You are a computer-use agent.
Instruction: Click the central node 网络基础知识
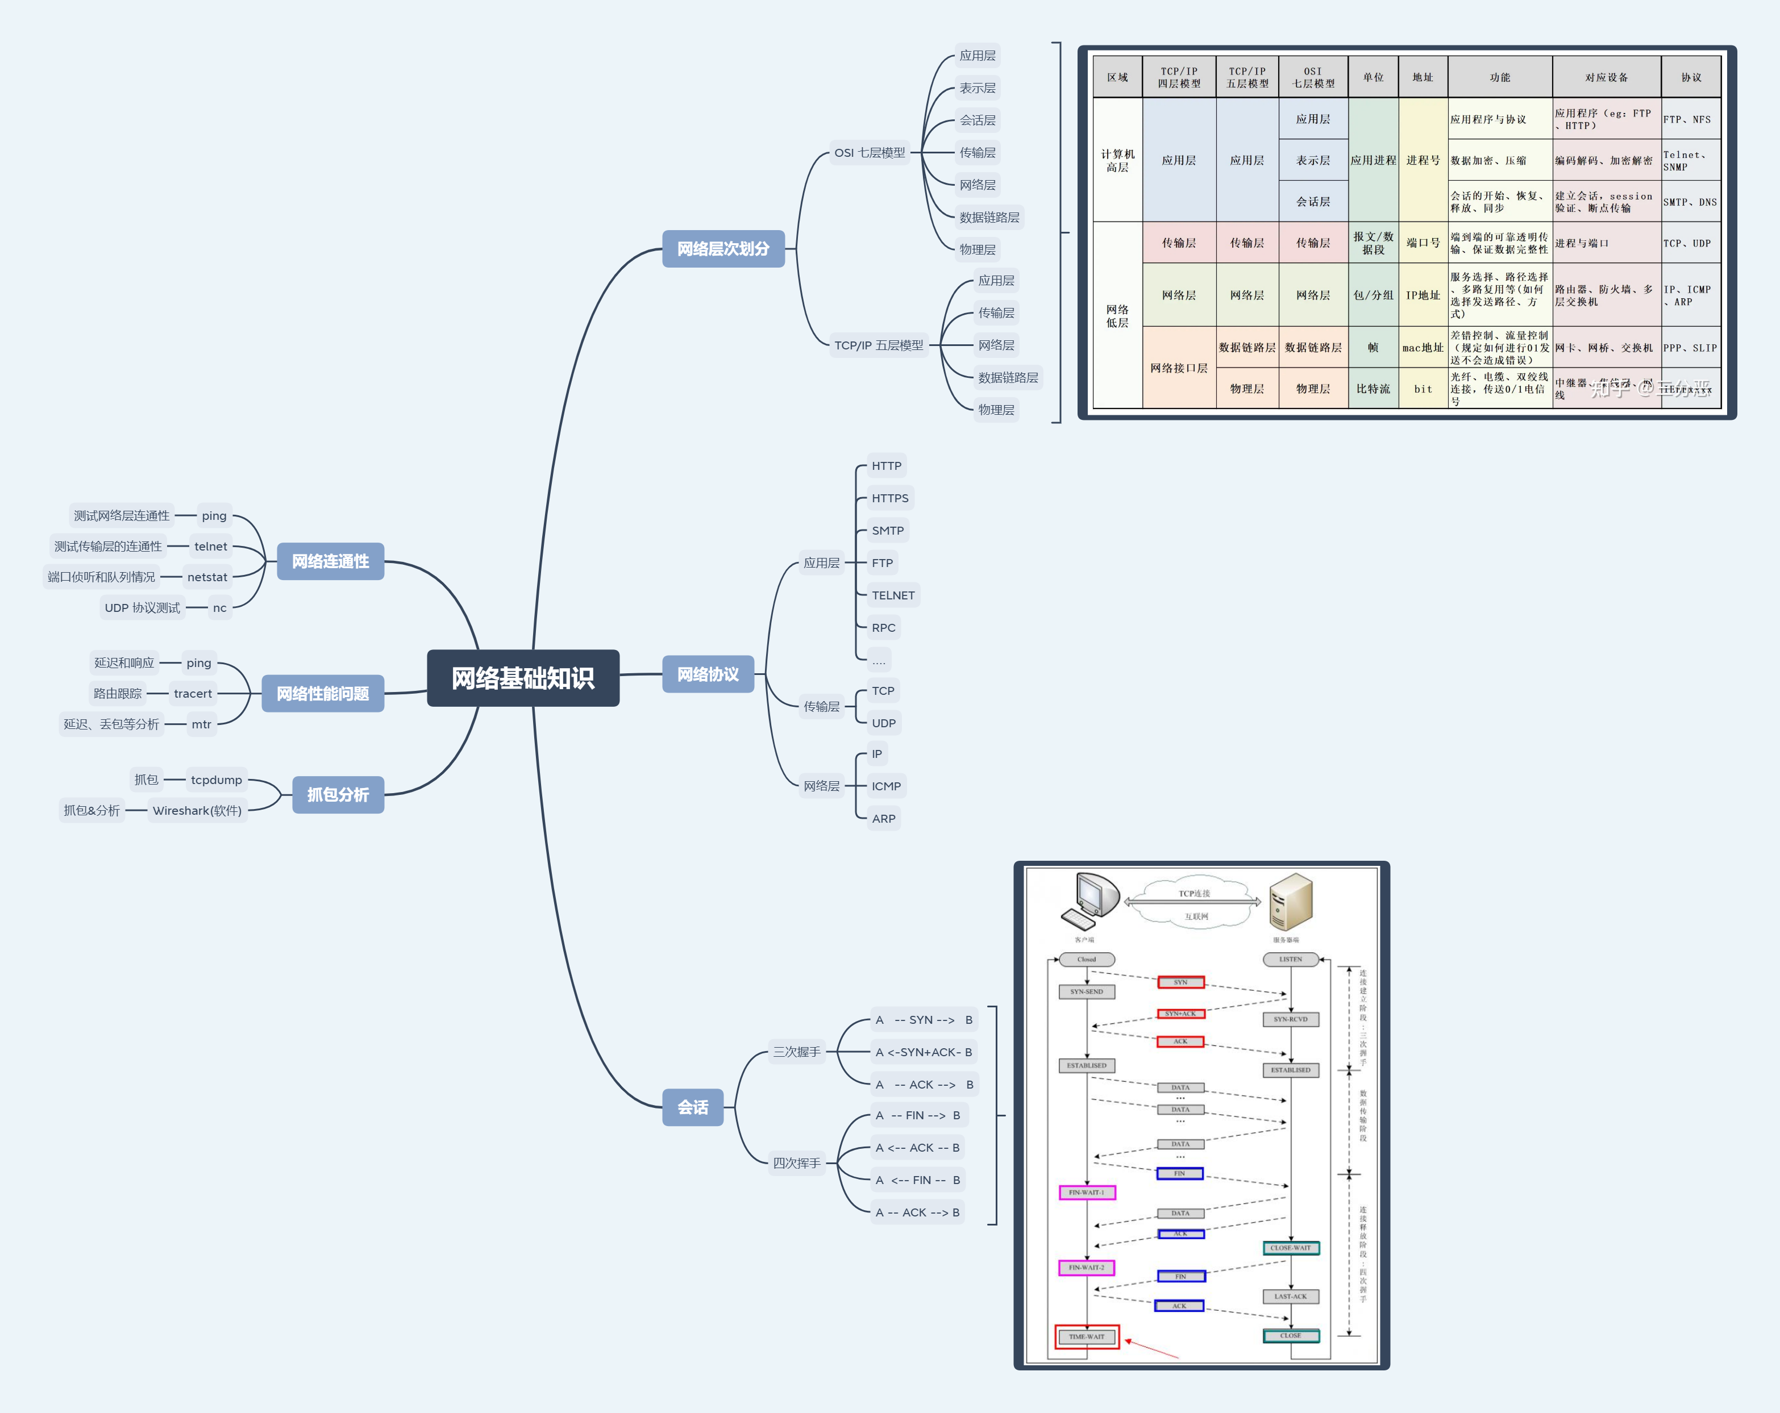point(523,678)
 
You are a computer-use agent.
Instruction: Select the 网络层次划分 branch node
point(722,248)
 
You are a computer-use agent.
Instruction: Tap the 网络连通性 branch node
point(330,561)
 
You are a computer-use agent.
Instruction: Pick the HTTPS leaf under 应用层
point(889,498)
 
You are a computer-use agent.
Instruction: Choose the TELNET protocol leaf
point(892,595)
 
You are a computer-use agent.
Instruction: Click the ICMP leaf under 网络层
point(886,786)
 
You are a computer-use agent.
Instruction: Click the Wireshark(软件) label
point(197,811)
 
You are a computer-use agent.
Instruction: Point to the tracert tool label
point(192,693)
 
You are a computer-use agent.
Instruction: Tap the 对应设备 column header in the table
point(1606,78)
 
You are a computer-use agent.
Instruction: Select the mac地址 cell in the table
point(1422,348)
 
